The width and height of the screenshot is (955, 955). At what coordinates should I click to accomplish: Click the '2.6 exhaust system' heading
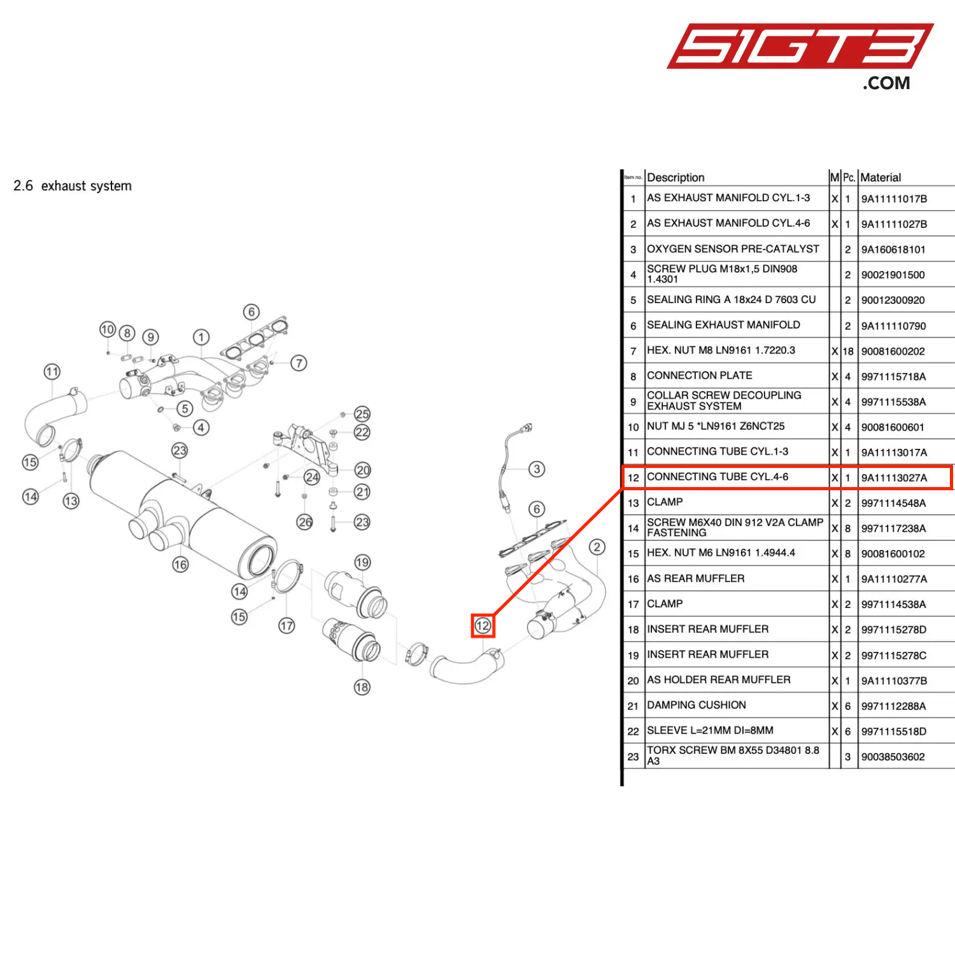tap(73, 186)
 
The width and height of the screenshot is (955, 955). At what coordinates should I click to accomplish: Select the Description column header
tap(676, 178)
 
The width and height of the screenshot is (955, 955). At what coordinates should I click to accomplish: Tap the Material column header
tap(881, 178)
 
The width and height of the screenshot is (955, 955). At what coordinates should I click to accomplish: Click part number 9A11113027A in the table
tap(894, 478)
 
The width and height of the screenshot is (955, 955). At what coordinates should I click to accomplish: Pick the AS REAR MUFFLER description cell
tap(695, 579)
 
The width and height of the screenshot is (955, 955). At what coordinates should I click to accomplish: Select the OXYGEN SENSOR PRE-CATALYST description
tap(733, 249)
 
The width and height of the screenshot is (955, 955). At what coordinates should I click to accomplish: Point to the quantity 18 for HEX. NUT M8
tap(848, 351)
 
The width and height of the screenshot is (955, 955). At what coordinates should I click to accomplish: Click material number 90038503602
tap(893, 757)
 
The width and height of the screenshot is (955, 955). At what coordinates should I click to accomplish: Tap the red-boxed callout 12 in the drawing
tap(483, 626)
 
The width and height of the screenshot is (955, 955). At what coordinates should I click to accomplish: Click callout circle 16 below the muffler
tap(181, 565)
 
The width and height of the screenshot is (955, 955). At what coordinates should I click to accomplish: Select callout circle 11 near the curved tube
tap(52, 372)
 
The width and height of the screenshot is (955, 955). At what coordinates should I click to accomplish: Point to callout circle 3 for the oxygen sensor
tap(537, 469)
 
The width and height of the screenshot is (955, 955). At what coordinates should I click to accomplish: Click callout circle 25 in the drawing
tap(362, 414)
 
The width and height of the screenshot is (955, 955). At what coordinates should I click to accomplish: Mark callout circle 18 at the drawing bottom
tap(362, 687)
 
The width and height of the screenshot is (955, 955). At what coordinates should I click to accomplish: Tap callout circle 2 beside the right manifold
tap(597, 547)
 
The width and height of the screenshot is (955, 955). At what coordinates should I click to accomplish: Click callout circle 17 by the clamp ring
tap(286, 626)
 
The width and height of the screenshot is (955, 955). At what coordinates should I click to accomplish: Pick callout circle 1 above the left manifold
tap(201, 337)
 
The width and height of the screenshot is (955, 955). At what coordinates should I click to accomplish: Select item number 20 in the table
tap(633, 681)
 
